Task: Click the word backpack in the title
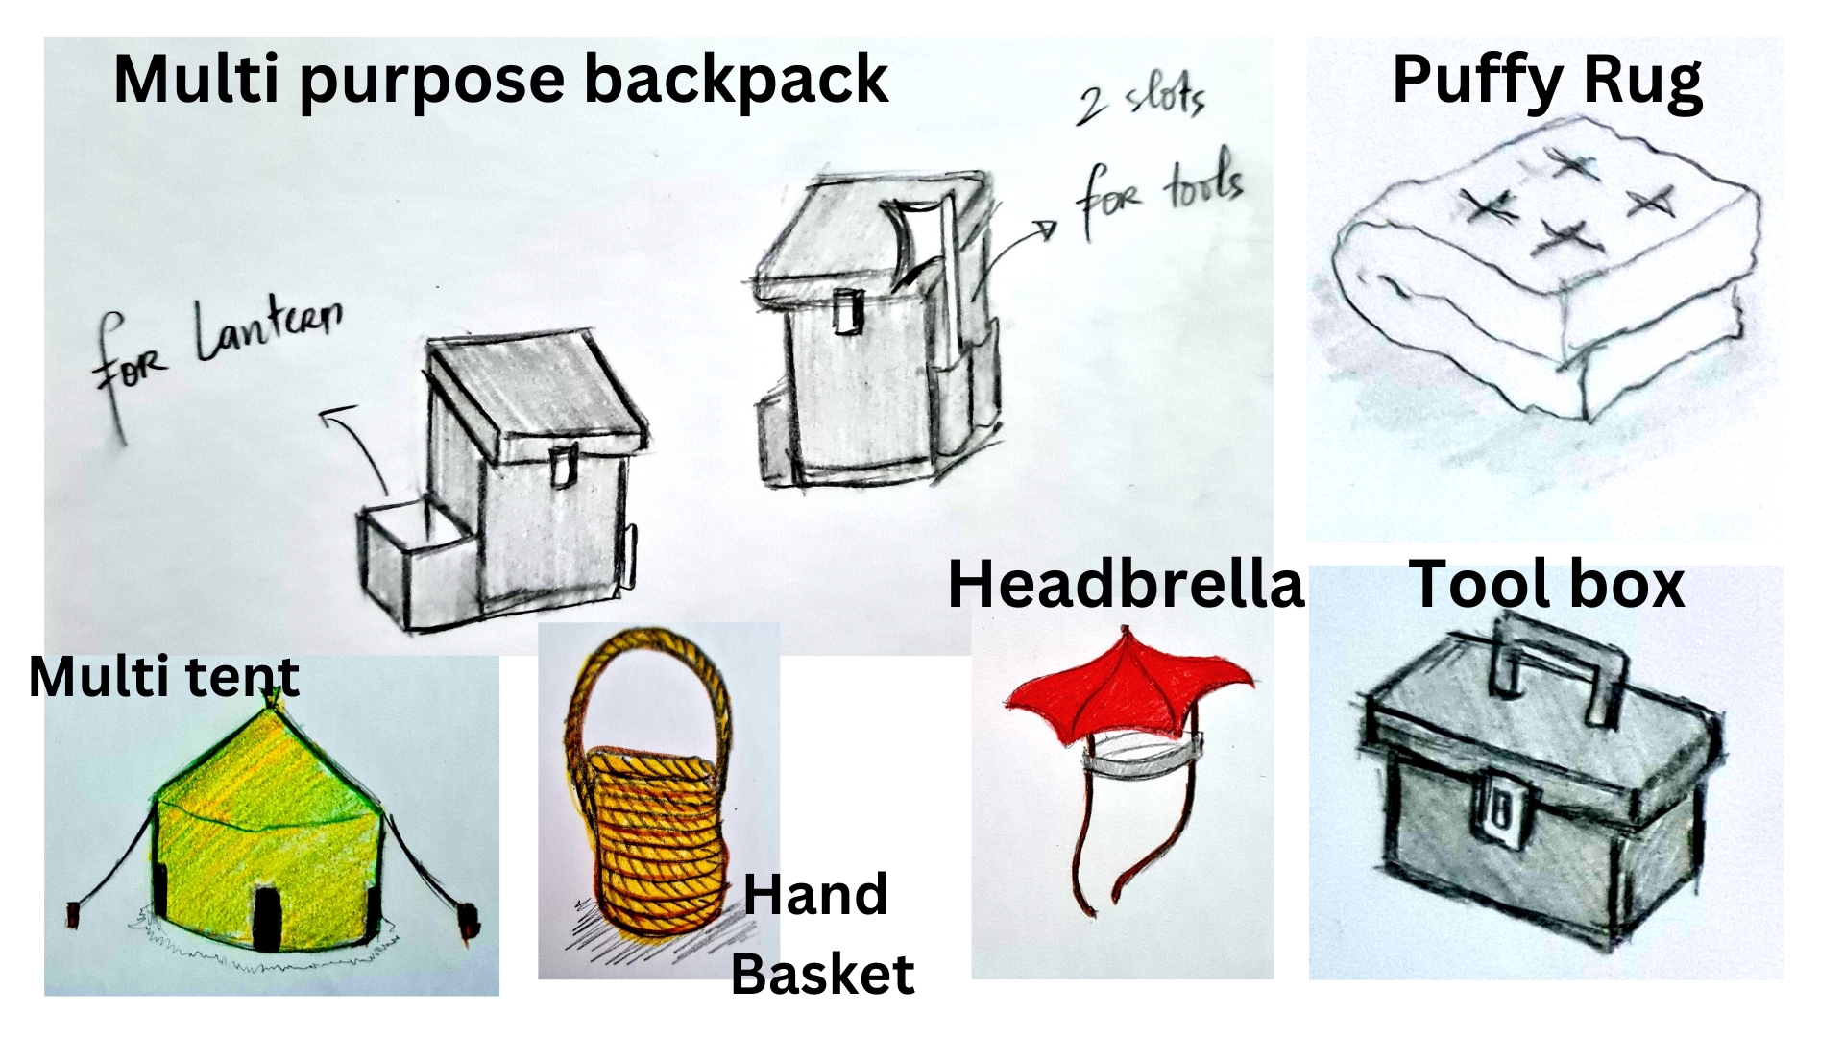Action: point(735,79)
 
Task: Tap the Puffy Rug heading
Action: point(1547,81)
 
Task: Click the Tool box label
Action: point(1546,584)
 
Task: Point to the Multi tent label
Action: point(164,676)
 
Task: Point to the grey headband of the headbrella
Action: point(1143,758)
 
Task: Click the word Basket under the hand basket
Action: point(823,975)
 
